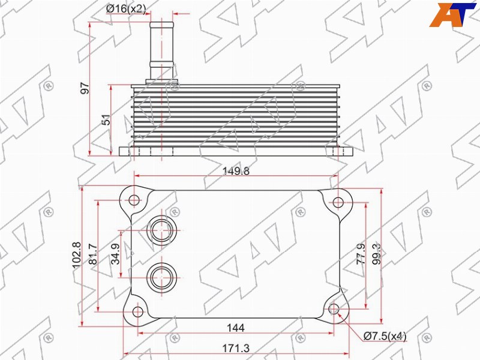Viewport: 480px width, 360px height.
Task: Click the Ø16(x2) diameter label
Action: pos(126,9)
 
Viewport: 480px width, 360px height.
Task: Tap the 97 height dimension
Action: pos(85,88)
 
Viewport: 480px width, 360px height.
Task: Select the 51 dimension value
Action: pos(106,119)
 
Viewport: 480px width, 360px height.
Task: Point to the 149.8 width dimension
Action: pos(236,171)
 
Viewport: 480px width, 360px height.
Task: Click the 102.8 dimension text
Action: pos(77,254)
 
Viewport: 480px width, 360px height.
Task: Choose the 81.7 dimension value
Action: pos(93,254)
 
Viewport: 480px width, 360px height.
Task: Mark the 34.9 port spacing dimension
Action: pos(116,254)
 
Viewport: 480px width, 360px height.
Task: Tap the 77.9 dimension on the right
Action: pos(361,254)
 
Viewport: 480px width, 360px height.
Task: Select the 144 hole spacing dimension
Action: pos(236,328)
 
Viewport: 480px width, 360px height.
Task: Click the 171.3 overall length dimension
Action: pos(236,348)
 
